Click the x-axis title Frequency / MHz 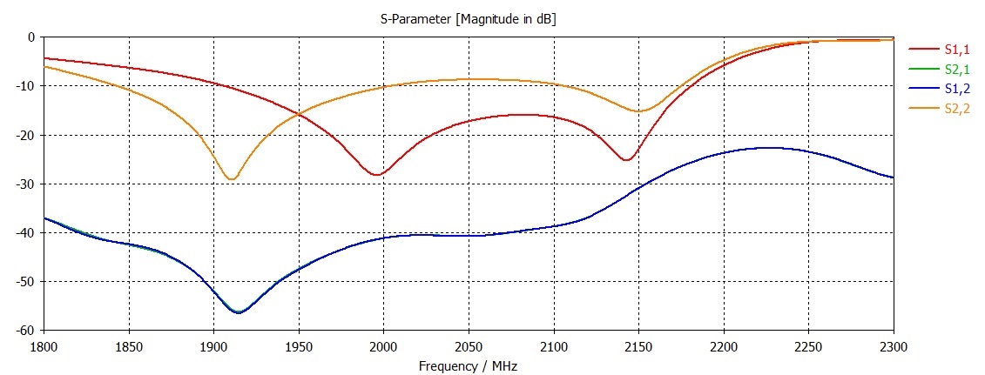(469, 366)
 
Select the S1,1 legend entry (956, 50)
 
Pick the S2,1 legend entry (956, 69)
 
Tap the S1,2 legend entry (956, 89)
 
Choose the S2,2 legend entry (956, 109)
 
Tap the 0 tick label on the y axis (30, 37)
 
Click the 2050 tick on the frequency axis (469, 347)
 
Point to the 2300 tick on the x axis (894, 347)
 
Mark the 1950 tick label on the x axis (299, 347)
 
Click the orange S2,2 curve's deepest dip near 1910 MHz (231, 179)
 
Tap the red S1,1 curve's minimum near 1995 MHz (375, 175)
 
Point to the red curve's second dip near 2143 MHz (626, 160)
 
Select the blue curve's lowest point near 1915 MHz (239, 311)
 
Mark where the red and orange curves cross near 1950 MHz (300, 114)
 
